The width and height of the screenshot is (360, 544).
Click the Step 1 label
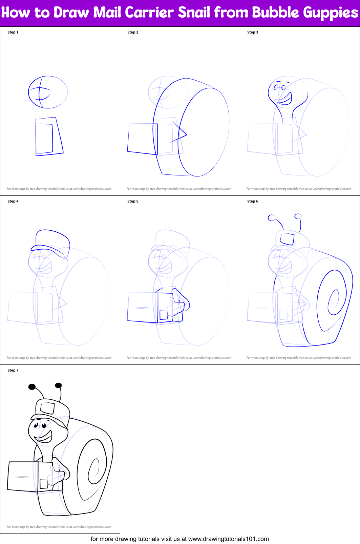point(13,32)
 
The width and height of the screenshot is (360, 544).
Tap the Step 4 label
point(13,201)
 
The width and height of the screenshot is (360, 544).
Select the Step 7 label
point(13,370)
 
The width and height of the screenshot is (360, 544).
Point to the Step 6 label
point(253,201)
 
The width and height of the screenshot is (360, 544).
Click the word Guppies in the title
point(330,13)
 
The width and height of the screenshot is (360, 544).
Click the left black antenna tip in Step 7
point(32,387)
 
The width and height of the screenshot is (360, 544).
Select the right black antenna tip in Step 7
point(58,385)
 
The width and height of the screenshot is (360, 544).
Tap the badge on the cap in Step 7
point(47,407)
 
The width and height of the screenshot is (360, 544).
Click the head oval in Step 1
point(48,92)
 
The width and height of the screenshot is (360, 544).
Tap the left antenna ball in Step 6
point(272,218)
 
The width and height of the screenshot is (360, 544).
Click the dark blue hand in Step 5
point(178,303)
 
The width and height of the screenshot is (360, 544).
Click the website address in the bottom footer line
point(228,539)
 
